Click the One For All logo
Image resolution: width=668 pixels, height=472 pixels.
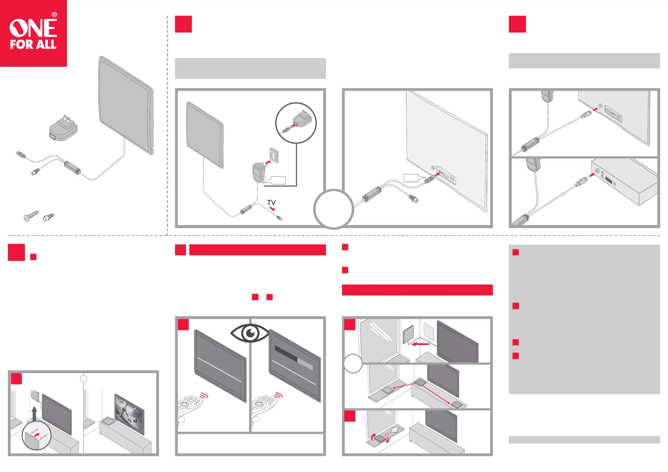coord(33,33)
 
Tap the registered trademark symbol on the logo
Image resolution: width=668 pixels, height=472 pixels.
coord(54,15)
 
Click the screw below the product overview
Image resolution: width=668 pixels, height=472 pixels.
coord(31,216)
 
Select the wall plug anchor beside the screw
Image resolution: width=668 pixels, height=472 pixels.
coord(48,217)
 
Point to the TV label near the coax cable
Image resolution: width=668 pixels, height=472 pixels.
coord(271,202)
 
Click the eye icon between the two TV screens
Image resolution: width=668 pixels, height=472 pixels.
coord(250,333)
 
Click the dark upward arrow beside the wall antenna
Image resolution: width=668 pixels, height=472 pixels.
coord(34,414)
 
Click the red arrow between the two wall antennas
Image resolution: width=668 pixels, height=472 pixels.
coord(420,344)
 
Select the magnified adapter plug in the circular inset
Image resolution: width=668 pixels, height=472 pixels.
coord(302,119)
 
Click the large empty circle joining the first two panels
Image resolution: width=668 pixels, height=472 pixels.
coord(333,209)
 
